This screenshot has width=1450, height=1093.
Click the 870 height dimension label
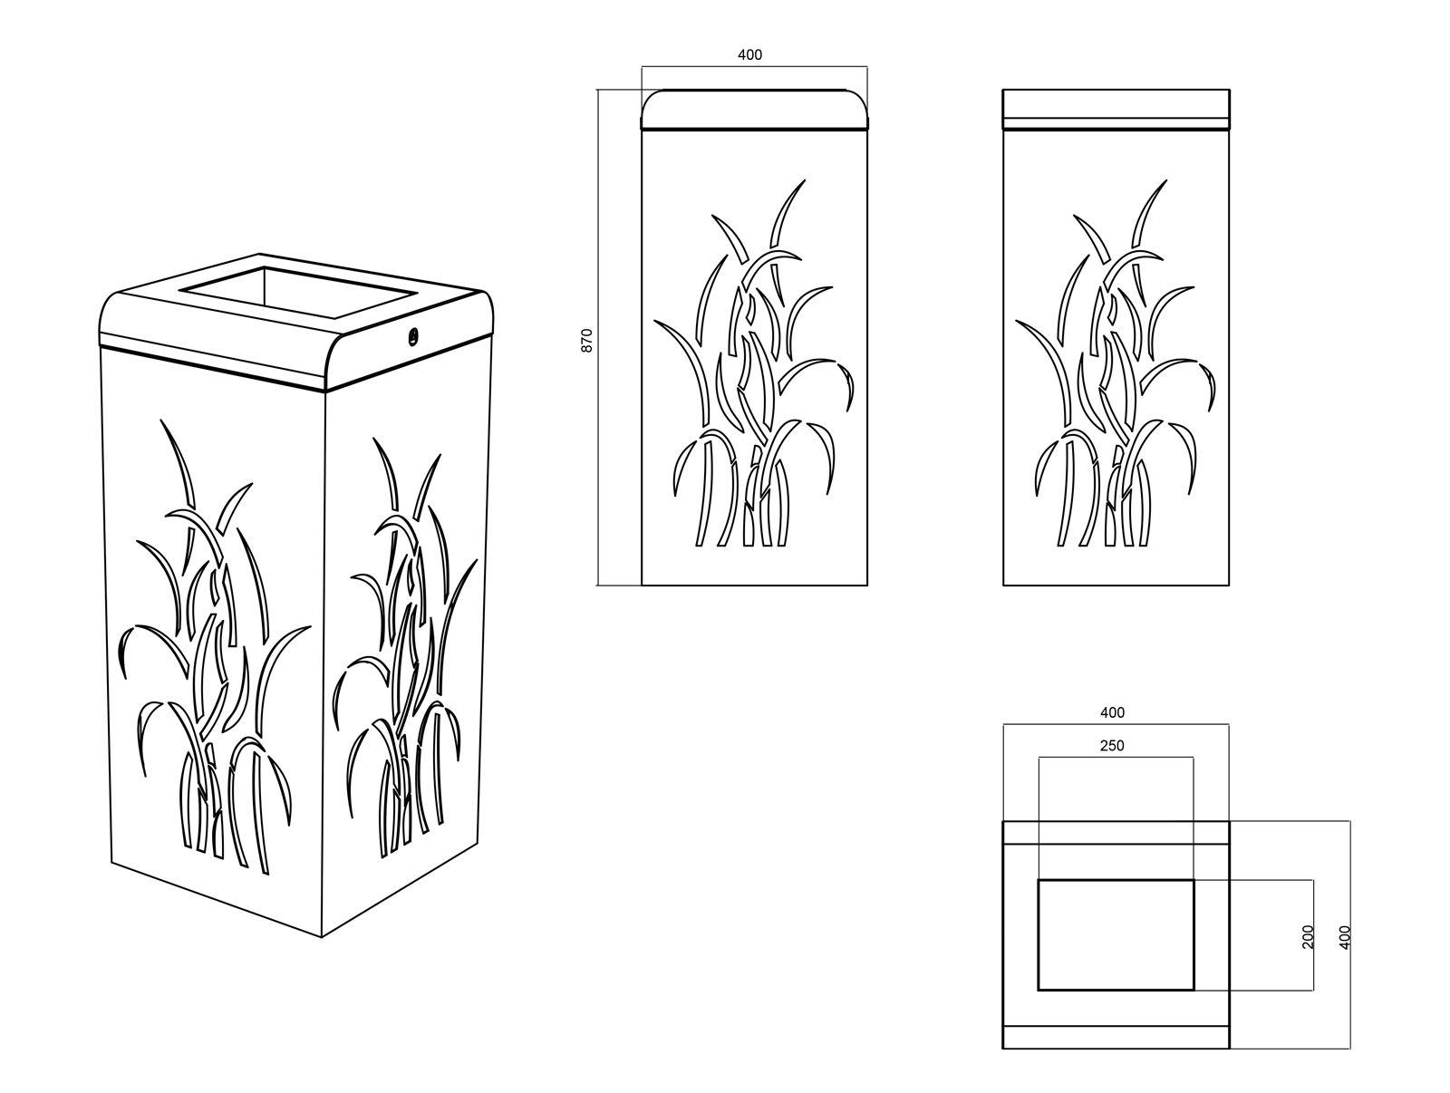coord(586,340)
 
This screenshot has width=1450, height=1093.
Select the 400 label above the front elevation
coord(749,54)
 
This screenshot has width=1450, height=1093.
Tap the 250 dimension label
coord(1112,746)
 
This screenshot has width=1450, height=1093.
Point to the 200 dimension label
coord(1308,936)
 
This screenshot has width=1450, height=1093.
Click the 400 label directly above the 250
coord(1113,712)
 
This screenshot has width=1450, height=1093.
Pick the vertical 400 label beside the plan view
coord(1346,937)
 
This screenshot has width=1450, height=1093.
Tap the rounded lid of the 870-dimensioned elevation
coord(754,109)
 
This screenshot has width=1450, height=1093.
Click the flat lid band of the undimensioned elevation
coord(1116,109)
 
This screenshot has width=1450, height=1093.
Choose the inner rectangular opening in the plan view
coord(1116,935)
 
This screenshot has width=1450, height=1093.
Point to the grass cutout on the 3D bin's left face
coord(215,647)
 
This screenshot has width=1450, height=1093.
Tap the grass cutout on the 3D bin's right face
coord(404,647)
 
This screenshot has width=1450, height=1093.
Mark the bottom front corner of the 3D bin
coord(321,937)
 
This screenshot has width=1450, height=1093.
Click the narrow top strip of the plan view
coord(1116,833)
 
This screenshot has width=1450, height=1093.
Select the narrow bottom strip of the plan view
coord(1116,1037)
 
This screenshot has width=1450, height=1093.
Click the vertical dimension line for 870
coord(598,337)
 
